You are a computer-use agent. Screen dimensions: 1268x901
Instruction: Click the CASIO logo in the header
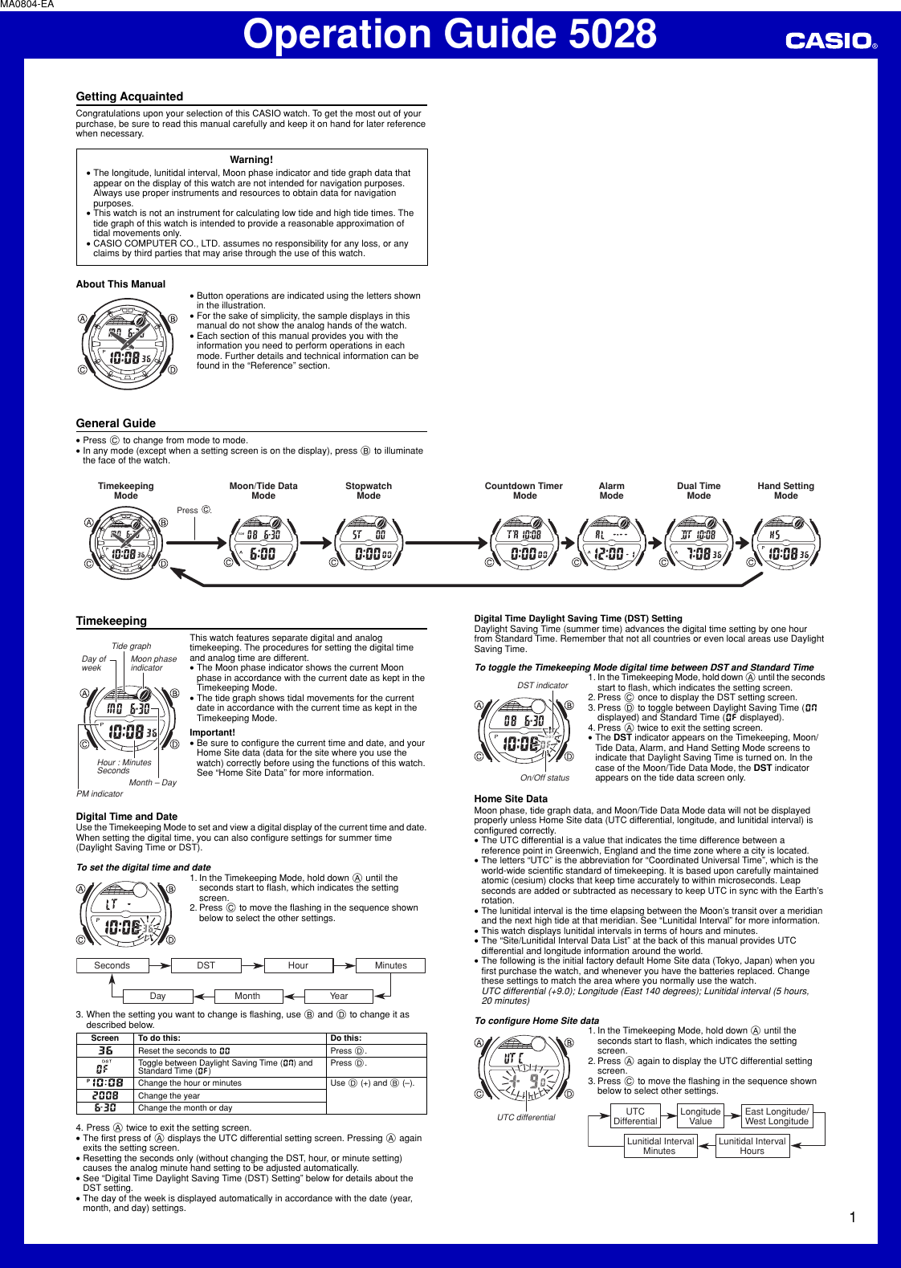coord(830,40)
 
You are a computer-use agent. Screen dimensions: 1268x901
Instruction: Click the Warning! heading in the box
coord(251,160)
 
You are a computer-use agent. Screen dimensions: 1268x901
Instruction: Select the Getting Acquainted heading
coord(129,96)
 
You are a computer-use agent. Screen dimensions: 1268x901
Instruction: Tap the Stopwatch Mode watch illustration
coord(369,543)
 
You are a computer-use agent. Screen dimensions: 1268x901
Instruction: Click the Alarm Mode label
coord(611,491)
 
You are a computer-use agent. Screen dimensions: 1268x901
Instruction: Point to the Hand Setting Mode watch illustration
coord(785,543)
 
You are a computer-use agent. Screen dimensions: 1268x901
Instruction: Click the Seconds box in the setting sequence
coord(112,965)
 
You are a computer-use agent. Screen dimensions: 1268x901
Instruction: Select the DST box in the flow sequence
coord(206,965)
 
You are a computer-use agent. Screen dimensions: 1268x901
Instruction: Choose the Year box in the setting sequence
coord(339,996)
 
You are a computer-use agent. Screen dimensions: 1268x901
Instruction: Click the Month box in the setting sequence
coord(247,996)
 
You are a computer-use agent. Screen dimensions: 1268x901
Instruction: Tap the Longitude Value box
coord(700,1116)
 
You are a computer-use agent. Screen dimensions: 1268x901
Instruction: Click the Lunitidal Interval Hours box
coord(752,1146)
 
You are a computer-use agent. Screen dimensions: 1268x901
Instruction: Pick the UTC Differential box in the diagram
coord(635,1116)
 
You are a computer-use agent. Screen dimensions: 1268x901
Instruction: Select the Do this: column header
coord(346,1038)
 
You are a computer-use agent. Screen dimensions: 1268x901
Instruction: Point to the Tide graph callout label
coord(131,646)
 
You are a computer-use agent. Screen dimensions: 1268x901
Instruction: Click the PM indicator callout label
coord(100,793)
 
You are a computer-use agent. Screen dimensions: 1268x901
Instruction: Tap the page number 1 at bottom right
coord(852,1217)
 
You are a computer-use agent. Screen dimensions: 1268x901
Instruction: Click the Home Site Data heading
coord(511,799)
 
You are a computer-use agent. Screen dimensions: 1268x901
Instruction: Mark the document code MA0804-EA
coord(27,5)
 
